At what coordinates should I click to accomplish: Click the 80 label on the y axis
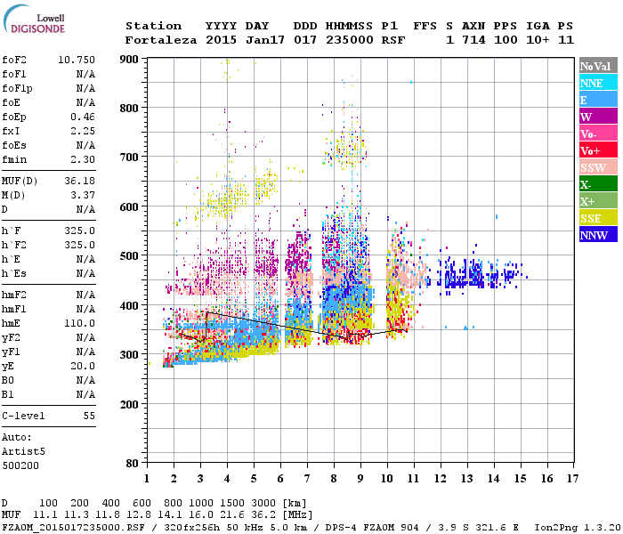point(132,464)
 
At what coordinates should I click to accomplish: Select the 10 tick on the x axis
point(387,479)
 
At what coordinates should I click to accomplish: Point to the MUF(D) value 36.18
point(80,180)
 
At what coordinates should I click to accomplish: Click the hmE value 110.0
point(80,323)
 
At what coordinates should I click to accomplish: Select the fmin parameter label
point(13,159)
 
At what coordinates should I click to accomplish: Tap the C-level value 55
point(89,416)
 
